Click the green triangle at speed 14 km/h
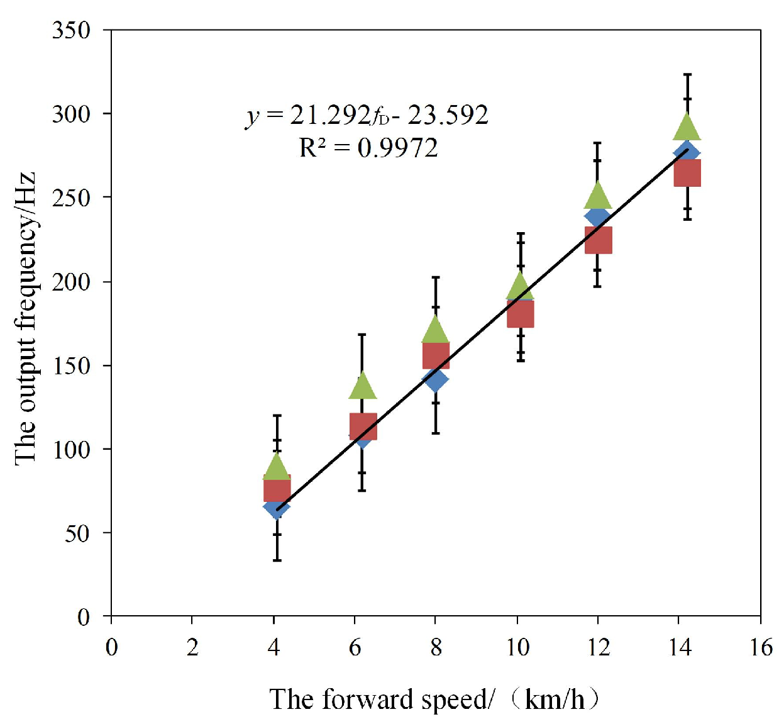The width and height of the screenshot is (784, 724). pyautogui.click(x=687, y=128)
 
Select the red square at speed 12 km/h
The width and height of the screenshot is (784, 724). pyautogui.click(x=598, y=240)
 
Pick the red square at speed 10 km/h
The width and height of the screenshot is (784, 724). pyautogui.click(x=521, y=314)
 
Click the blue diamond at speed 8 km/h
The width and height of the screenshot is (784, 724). pyautogui.click(x=435, y=379)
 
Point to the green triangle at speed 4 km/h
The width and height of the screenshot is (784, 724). pyautogui.click(x=277, y=468)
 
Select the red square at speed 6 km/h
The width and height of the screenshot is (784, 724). pyautogui.click(x=363, y=426)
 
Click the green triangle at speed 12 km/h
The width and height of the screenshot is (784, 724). pyautogui.click(x=598, y=197)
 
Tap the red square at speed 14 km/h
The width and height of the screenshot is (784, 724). pyautogui.click(x=687, y=173)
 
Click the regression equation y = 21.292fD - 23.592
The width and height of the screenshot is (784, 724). pyautogui.click(x=367, y=115)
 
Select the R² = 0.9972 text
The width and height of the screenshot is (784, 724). pyautogui.click(x=368, y=148)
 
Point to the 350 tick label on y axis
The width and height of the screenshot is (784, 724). pyautogui.click(x=71, y=30)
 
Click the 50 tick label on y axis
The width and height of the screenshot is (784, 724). pyautogui.click(x=77, y=533)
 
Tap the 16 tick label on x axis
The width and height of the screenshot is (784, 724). pyautogui.click(x=761, y=647)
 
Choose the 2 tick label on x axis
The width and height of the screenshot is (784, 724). pyautogui.click(x=192, y=647)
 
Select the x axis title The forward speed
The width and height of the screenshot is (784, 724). pyautogui.click(x=434, y=699)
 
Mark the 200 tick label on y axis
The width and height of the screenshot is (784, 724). pyautogui.click(x=71, y=282)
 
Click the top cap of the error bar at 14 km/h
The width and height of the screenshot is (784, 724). pyautogui.click(x=687, y=74)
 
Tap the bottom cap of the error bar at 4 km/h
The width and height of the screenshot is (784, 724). pyautogui.click(x=277, y=560)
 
